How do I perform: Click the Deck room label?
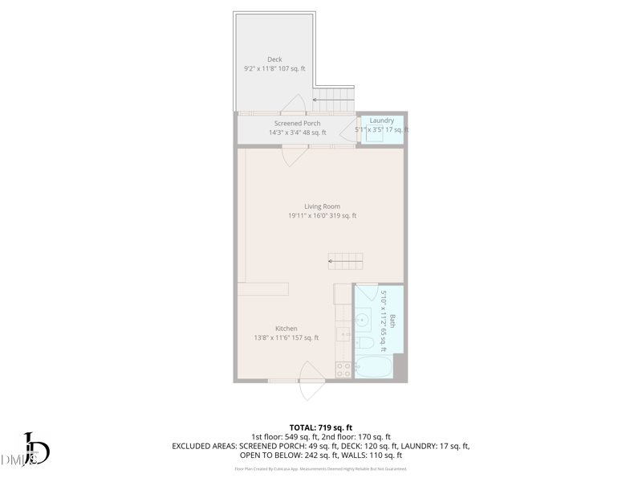274,59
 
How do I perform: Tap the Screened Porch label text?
297,124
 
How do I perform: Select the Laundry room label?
382,120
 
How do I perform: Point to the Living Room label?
322,206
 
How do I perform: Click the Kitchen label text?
286,329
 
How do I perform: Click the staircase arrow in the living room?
345,261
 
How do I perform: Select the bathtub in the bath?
373,369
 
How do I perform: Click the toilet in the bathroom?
364,343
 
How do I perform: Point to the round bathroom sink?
362,320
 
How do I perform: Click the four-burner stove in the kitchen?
343,370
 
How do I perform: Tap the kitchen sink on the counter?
344,333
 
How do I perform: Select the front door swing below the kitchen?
309,382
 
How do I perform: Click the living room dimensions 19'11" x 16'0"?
322,215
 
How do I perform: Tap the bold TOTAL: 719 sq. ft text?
321,427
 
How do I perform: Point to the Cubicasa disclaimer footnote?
321,468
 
